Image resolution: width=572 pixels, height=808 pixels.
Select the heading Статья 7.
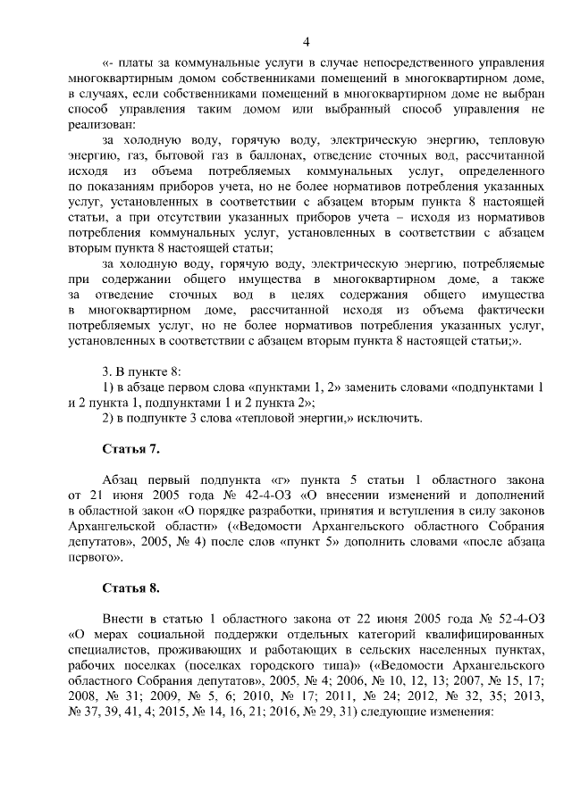[130, 448]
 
